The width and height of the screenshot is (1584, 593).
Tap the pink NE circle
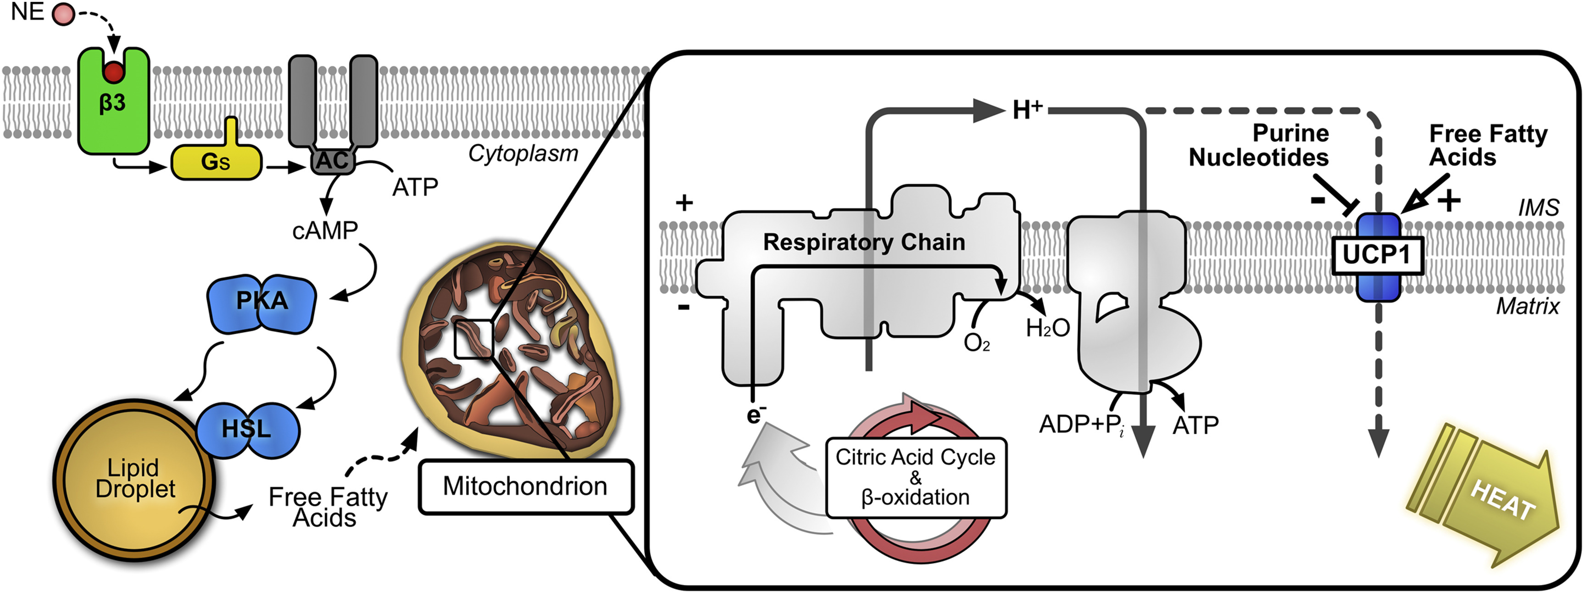pos(63,13)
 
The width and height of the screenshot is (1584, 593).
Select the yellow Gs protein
pos(216,161)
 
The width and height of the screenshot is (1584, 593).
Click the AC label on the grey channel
pos(333,161)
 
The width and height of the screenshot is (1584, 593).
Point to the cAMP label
pos(325,231)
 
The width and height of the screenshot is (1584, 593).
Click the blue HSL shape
pos(247,429)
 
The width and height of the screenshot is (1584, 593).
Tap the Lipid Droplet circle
pos(134,480)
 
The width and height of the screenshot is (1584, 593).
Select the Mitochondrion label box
pos(526,487)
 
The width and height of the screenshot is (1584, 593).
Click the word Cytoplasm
pos(523,153)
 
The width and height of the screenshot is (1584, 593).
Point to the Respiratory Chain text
pos(864,242)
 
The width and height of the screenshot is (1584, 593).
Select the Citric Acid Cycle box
pos(916,477)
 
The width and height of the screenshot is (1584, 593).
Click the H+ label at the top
pos(1028,110)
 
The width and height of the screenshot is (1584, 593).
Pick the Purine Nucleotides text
pos(1259,145)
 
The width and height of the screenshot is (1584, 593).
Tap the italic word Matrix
pos(1528,306)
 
